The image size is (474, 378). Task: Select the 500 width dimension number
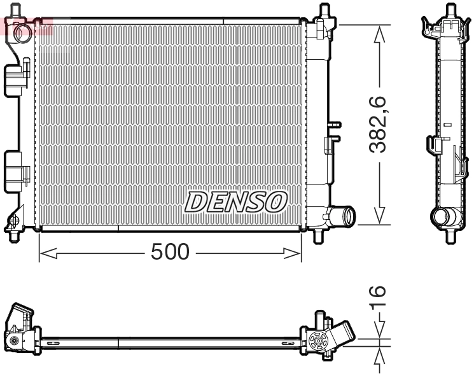coord(170,253)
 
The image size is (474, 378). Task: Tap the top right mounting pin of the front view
coord(324,11)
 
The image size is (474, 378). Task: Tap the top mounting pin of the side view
coord(450,10)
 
